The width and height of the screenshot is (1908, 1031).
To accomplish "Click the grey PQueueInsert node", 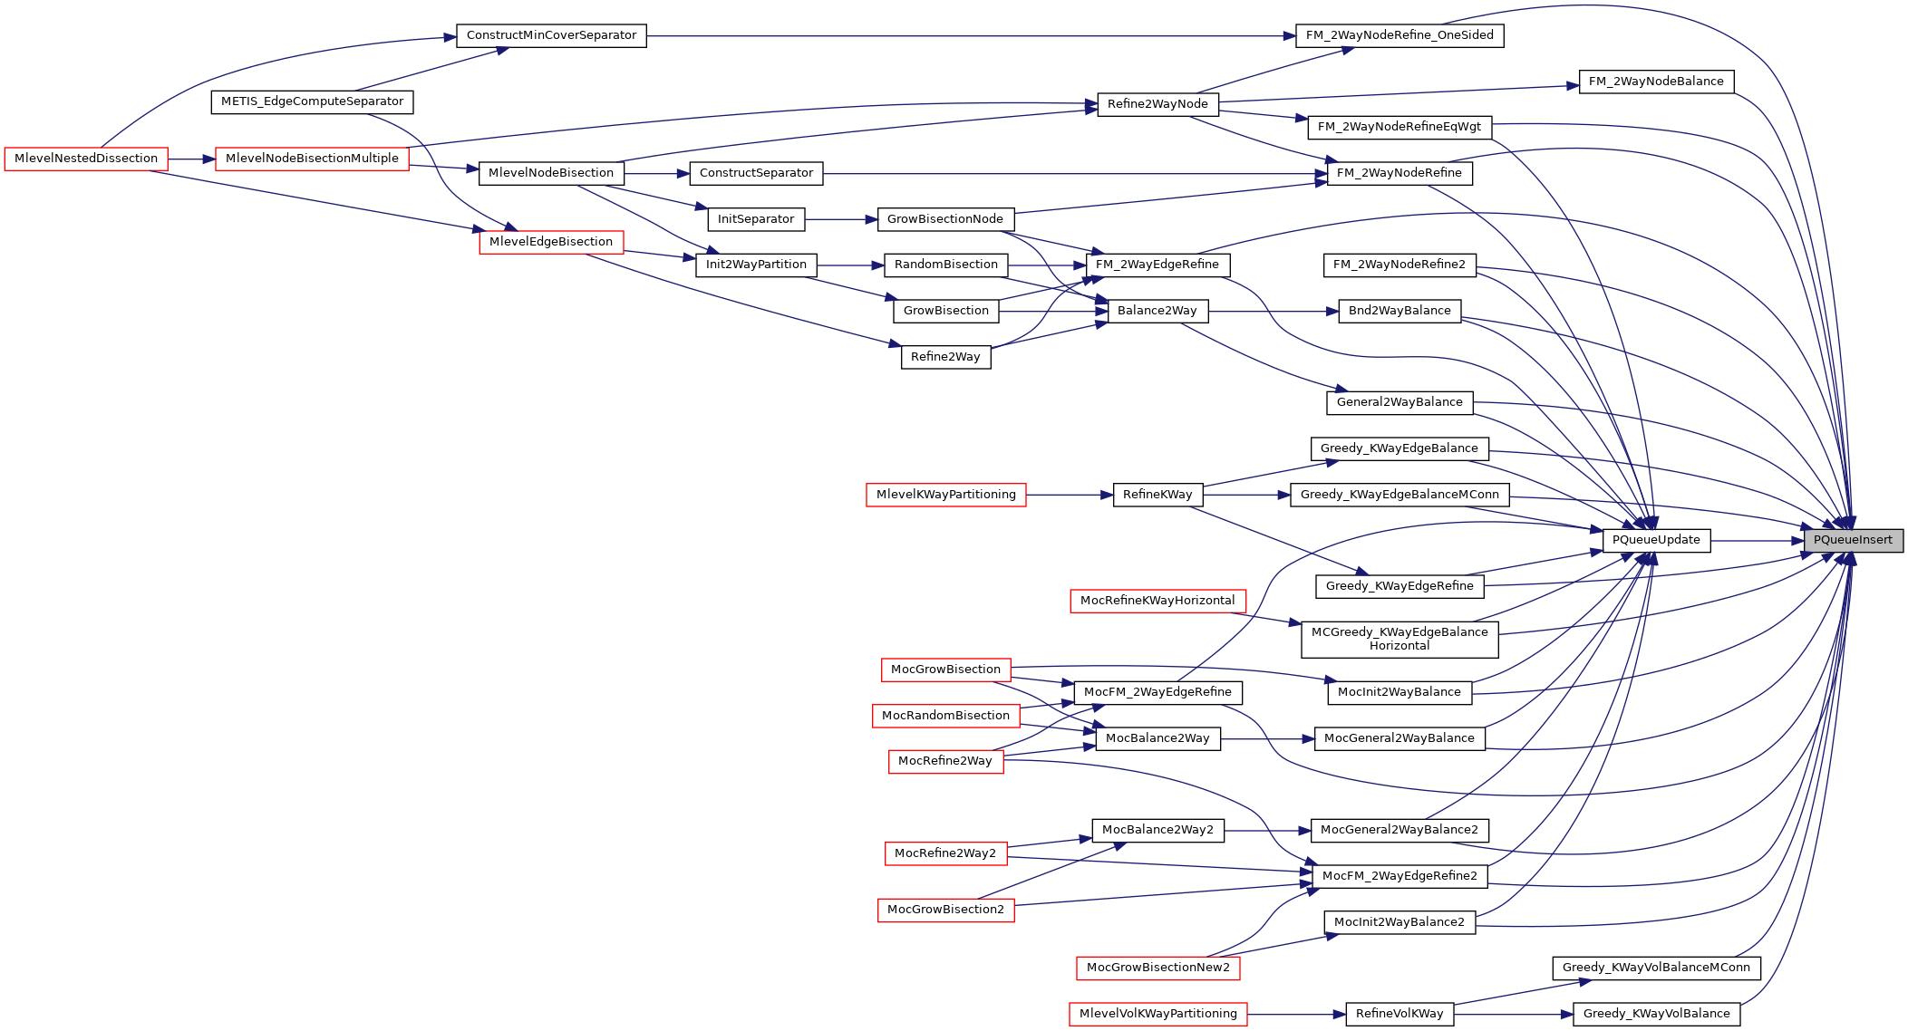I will [1853, 540].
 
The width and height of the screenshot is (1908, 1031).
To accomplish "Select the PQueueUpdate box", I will [1656, 540].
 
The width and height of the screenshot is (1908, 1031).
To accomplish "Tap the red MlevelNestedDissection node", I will [86, 159].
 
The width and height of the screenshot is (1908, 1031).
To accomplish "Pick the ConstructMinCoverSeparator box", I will [551, 35].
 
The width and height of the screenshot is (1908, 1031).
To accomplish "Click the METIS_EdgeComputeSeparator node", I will [312, 101].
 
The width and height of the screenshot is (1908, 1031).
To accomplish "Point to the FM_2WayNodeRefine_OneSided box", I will [1400, 35].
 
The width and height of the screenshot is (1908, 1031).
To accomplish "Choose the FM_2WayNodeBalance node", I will [1656, 82].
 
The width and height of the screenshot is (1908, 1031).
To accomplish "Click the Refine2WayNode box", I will [1157, 104].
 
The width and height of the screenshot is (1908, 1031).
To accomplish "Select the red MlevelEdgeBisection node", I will [551, 242].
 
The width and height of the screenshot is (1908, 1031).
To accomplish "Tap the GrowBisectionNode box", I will [945, 219].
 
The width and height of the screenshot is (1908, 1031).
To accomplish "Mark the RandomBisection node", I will [945, 265].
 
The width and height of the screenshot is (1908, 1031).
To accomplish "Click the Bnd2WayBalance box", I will [1400, 311].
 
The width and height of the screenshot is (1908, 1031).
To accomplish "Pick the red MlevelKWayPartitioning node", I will [945, 495].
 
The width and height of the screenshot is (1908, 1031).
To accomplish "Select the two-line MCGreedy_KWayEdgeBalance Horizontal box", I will [1400, 639].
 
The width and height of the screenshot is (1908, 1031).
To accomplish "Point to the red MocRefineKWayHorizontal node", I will [1157, 601].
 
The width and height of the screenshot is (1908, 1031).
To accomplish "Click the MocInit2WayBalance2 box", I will [1400, 922].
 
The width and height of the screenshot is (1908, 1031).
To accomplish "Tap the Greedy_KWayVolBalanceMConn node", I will [1656, 968].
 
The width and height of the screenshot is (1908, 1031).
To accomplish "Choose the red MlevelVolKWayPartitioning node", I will [1157, 1014].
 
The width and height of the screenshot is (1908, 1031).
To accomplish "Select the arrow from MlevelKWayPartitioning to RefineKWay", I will [1070, 495].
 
